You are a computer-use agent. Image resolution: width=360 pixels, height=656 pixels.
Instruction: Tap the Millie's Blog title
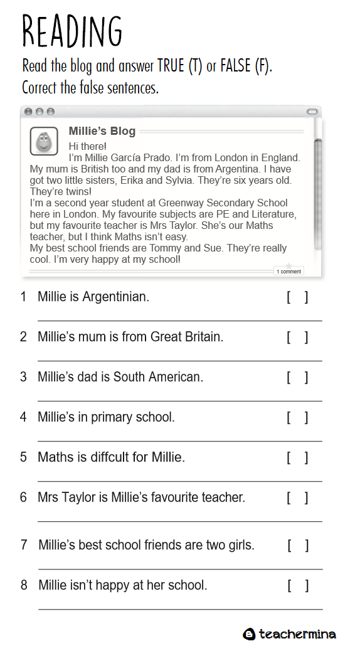pyautogui.click(x=102, y=131)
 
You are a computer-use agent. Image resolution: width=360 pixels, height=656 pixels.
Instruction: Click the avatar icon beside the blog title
pyautogui.click(x=44, y=141)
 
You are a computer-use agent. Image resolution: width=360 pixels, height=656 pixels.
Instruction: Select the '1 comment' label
pyautogui.click(x=289, y=272)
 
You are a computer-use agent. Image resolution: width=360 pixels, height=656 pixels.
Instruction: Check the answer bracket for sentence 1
pyautogui.click(x=297, y=297)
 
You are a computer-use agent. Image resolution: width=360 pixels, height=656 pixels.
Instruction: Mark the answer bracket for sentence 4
pyautogui.click(x=297, y=418)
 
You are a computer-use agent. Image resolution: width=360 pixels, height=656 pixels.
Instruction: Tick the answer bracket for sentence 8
pyautogui.click(x=298, y=586)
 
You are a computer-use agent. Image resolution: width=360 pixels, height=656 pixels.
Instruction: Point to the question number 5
pyautogui.click(x=23, y=457)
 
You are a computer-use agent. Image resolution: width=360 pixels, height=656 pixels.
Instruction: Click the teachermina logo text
pyautogui.click(x=297, y=634)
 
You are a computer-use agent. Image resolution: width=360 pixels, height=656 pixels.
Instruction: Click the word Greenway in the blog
pyautogui.click(x=181, y=203)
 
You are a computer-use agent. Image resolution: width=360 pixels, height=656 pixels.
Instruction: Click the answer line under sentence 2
pyautogui.click(x=180, y=361)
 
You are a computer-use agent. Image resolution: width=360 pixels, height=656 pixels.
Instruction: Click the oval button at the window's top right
pyautogui.click(x=312, y=112)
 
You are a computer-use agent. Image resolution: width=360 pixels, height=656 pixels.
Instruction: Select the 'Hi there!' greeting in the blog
pyautogui.click(x=87, y=146)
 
